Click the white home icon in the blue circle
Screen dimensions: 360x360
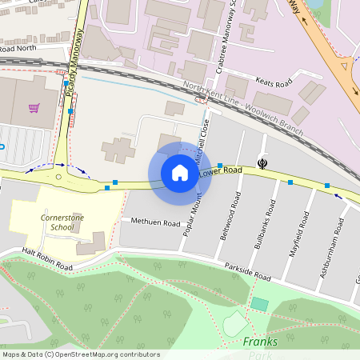coord(180,172)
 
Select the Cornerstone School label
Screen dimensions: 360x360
coord(57,222)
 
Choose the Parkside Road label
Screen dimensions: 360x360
coord(250,273)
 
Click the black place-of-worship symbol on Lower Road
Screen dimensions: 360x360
coord(262,163)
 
